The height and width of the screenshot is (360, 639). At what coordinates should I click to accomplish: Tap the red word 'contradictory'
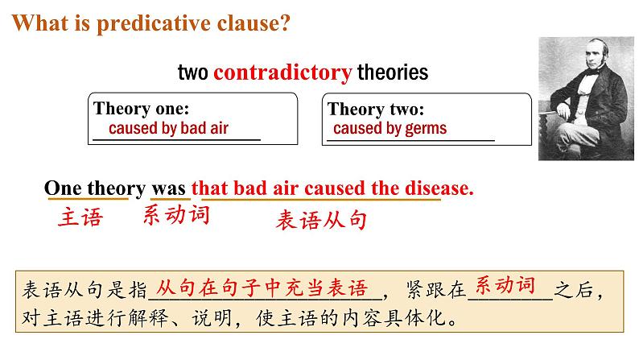point(282,73)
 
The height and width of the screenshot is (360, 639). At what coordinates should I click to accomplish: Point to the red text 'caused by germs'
point(390,129)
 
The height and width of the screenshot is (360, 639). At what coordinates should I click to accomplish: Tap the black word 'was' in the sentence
point(169,188)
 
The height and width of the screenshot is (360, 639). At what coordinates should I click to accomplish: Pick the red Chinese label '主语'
point(80,218)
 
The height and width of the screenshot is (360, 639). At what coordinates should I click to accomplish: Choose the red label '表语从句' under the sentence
point(321,221)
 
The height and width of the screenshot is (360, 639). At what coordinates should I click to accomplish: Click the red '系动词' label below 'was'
point(176,215)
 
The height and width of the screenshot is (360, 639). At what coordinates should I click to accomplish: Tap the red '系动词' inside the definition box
point(505,284)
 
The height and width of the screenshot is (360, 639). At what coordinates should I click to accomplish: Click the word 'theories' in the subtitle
point(393,73)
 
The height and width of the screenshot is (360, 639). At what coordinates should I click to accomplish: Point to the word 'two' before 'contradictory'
point(194,73)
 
